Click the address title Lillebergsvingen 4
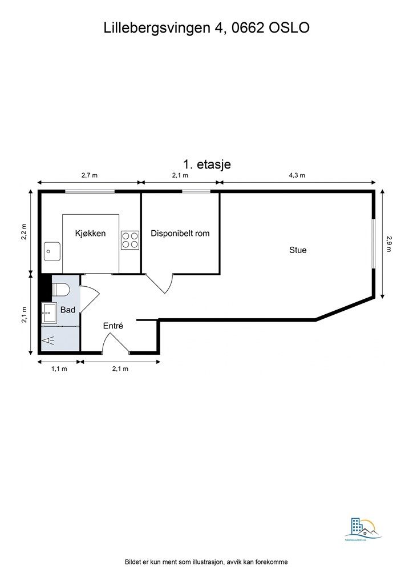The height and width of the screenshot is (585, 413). point(206,28)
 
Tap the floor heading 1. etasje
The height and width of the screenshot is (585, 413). point(206,165)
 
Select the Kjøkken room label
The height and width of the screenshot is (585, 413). point(91,233)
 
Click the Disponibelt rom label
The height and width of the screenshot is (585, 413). point(180,233)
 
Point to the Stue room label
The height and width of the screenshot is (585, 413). point(298,250)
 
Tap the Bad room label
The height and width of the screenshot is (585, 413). point(68,309)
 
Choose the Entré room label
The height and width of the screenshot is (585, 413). point(113,326)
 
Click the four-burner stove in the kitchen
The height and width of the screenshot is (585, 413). point(129,239)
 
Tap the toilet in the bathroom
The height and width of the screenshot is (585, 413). point(60,290)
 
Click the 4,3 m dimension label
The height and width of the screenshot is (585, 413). point(297,175)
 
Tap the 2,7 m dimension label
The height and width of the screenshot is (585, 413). point(90,175)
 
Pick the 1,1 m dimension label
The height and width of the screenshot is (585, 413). point(59,368)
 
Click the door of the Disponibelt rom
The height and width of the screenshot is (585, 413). point(160,283)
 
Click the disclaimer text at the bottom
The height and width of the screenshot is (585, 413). point(206,562)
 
